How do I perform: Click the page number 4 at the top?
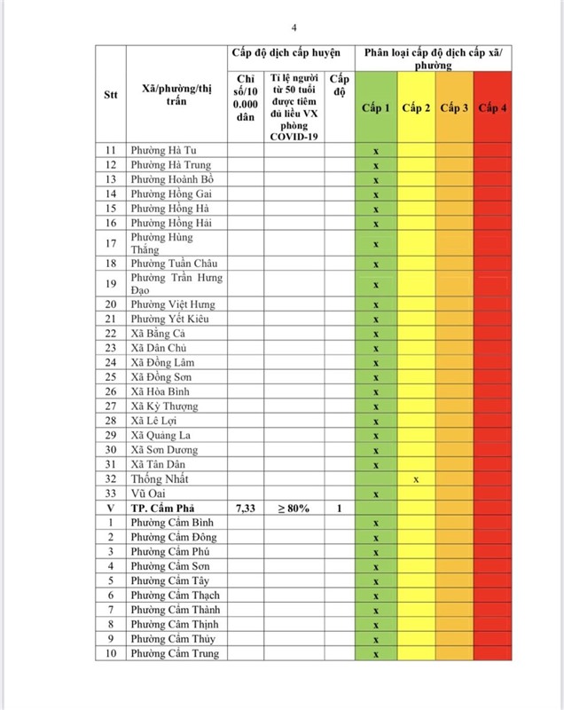pyautogui.click(x=281, y=27)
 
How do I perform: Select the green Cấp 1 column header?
pyautogui.click(x=375, y=108)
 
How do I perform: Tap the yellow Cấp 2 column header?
pyautogui.click(x=416, y=108)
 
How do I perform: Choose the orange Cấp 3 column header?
pyautogui.click(x=454, y=108)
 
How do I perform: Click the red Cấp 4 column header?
pyautogui.click(x=492, y=108)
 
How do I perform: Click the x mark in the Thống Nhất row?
pyautogui.click(x=416, y=479)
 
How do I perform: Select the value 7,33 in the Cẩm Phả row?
pyautogui.click(x=246, y=508)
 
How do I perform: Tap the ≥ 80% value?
pyautogui.click(x=294, y=508)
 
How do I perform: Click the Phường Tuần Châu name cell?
pyautogui.click(x=173, y=264)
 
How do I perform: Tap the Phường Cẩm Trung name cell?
pyautogui.click(x=175, y=654)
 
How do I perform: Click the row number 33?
pyautogui.click(x=111, y=493)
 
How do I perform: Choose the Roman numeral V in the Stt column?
pyautogui.click(x=111, y=508)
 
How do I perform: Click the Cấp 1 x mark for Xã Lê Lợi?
pyautogui.click(x=375, y=421)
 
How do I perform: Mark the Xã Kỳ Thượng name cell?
pyautogui.click(x=164, y=406)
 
